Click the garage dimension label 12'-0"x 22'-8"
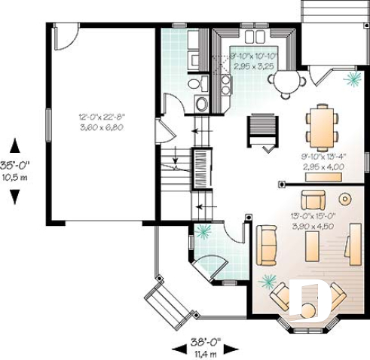(101, 117)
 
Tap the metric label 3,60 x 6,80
(101, 127)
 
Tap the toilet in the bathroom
(194, 84)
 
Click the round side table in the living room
(346, 200)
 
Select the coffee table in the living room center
(311, 246)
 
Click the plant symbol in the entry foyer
(202, 232)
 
